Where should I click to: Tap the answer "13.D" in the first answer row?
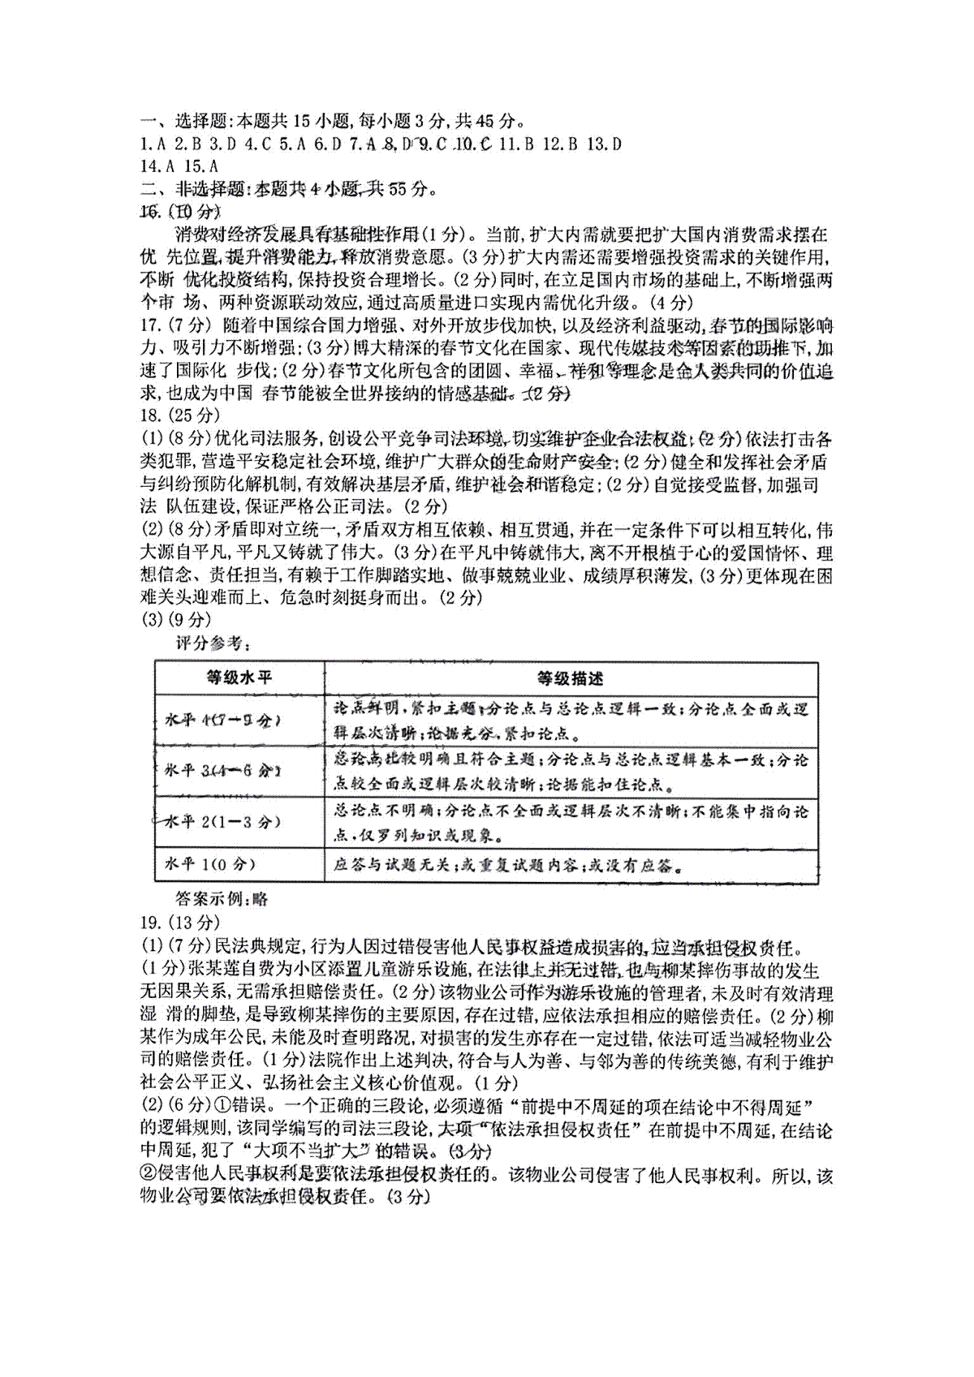click(603, 145)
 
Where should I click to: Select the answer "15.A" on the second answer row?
click(201, 167)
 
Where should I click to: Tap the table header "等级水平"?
click(239, 678)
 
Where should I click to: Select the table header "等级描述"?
click(570, 678)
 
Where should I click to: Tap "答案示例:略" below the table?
click(221, 899)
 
